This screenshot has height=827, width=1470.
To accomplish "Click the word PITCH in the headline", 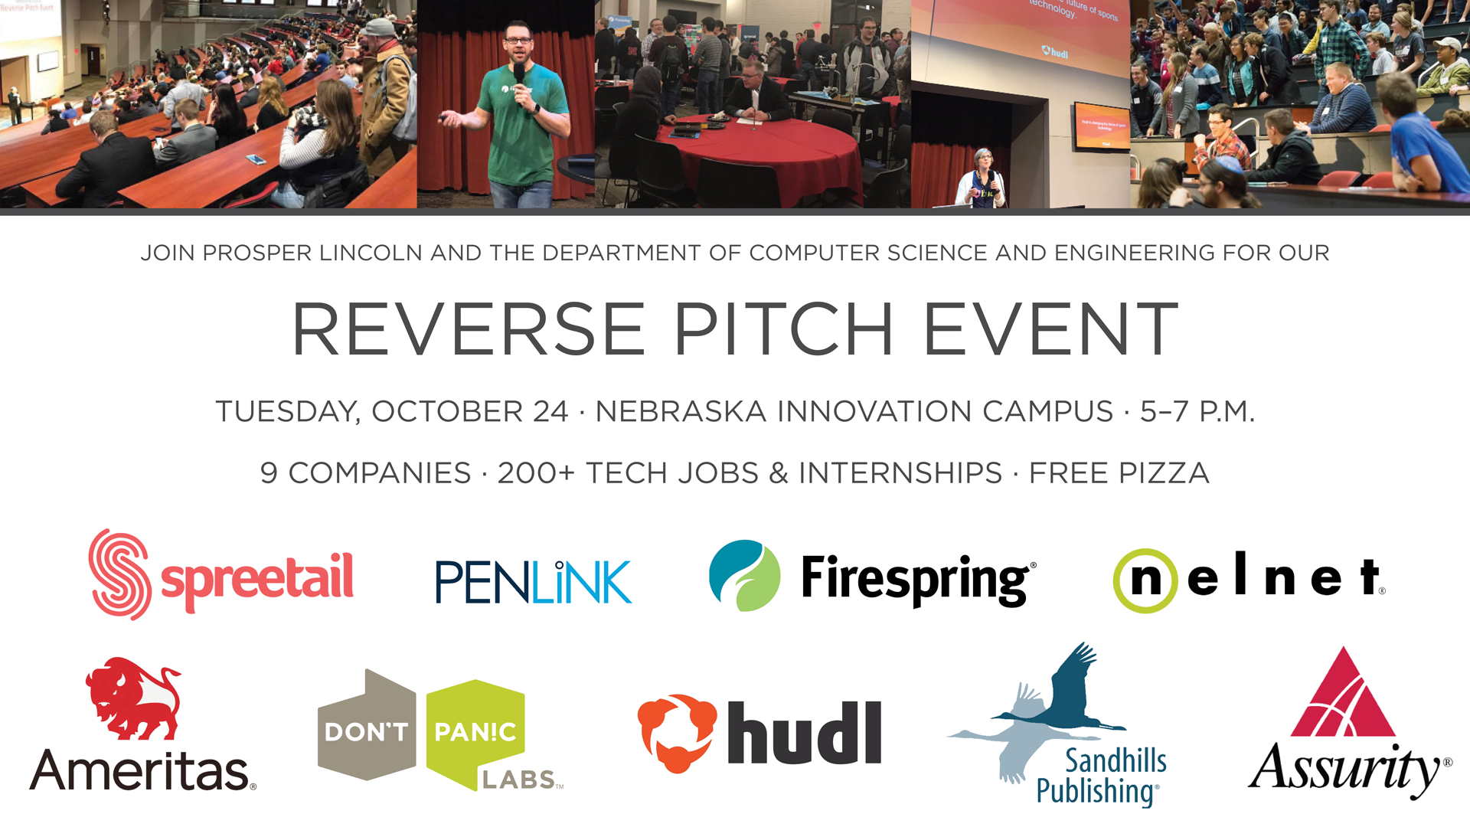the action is point(783,329).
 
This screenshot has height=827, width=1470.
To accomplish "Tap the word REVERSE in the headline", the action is point(469,329).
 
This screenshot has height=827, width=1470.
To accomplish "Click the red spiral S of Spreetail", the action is point(119,574).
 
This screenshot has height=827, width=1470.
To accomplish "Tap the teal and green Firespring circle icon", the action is point(744,576).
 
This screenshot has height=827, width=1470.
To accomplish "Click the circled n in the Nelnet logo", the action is point(1145,580).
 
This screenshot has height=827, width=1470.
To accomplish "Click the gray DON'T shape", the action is point(367,726).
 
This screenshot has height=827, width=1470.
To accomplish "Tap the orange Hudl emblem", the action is point(677,733).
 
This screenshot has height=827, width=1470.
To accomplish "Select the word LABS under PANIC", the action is point(518,780).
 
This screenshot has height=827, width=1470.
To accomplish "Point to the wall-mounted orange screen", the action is point(1101,126).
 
